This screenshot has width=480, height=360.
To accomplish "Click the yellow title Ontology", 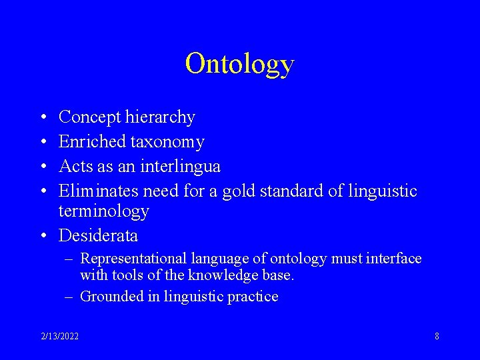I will [239, 64].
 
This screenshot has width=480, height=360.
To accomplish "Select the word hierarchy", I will [160, 118].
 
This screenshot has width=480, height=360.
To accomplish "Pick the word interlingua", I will [181, 166].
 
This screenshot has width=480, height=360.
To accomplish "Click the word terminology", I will [103, 212].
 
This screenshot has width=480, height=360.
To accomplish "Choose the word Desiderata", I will [99, 235].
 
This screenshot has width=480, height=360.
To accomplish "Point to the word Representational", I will [133, 259].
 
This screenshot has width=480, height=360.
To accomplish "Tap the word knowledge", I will [219, 275].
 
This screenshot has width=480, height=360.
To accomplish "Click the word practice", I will [253, 297].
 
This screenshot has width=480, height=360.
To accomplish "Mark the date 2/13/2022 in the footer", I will [59, 336].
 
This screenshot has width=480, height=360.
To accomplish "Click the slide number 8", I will [437, 336].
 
